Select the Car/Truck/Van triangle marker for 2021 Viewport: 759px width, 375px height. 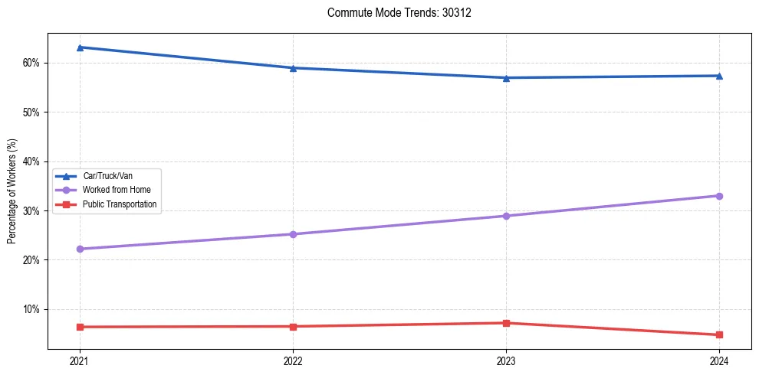[x=80, y=47]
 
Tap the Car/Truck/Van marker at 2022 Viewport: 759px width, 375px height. [x=293, y=68]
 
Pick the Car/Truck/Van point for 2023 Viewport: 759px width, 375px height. [x=506, y=77]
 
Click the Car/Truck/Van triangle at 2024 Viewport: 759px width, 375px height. [x=719, y=76]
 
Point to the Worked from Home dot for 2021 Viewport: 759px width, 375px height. [x=80, y=249]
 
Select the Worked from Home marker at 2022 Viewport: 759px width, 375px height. [x=293, y=234]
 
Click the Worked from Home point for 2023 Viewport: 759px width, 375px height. [x=506, y=216]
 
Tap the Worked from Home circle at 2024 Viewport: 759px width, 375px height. [x=719, y=196]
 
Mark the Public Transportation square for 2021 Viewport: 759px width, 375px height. [x=80, y=327]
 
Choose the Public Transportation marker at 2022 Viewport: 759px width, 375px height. [x=293, y=327]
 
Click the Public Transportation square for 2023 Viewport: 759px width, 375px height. [x=506, y=323]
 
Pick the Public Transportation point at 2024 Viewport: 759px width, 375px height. [x=719, y=334]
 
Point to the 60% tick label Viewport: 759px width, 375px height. [x=31, y=63]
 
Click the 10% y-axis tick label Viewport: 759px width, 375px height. [x=31, y=309]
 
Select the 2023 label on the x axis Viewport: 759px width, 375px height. [x=506, y=360]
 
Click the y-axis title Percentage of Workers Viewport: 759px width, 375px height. [x=11, y=191]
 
